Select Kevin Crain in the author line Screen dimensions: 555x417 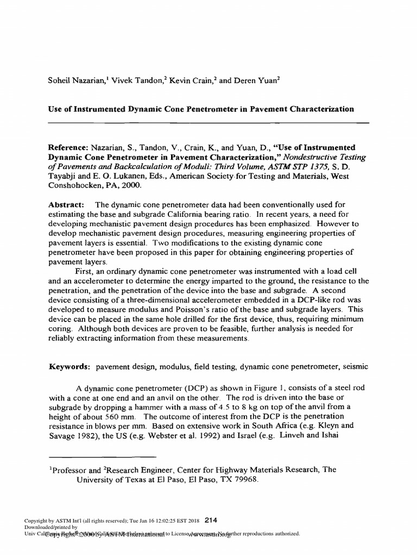point(187,81)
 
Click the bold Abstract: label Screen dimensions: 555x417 point(66,205)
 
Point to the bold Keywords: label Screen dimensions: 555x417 point(70,366)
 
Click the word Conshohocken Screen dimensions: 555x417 point(75,185)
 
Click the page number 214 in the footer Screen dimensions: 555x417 point(211,519)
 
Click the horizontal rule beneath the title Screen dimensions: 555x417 point(208,122)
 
